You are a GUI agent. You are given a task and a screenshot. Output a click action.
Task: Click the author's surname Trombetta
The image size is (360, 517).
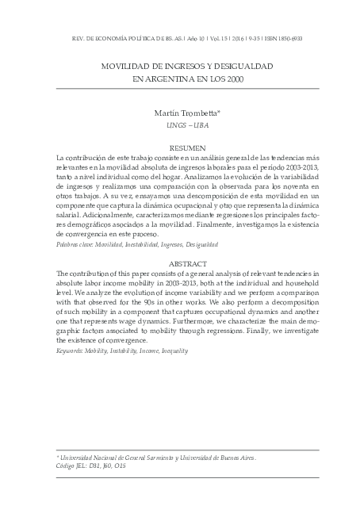196,114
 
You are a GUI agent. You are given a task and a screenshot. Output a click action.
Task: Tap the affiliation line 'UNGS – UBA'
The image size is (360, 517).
180,125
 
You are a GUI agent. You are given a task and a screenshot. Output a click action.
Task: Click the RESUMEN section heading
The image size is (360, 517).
179,148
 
